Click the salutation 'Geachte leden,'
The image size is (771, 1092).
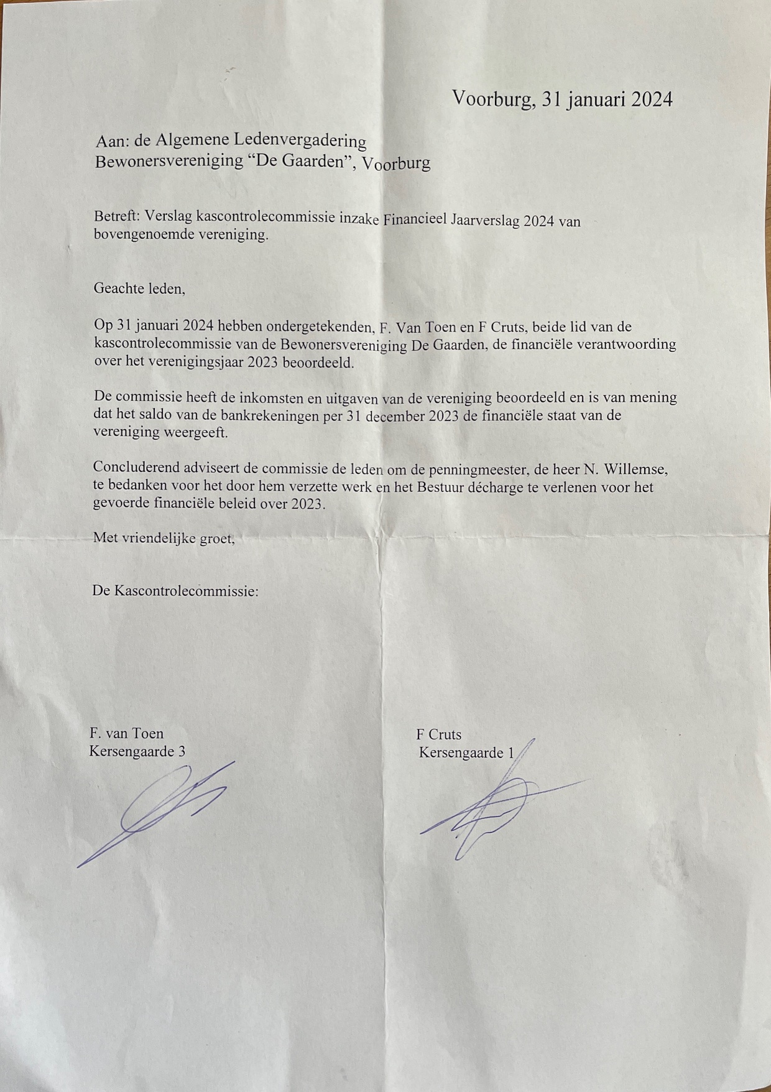tap(139, 289)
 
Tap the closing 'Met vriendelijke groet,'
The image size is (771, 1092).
tap(164, 538)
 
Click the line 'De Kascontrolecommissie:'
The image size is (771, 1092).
tap(175, 591)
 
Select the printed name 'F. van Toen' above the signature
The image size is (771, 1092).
tap(126, 733)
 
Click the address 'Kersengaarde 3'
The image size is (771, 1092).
tap(137, 751)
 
